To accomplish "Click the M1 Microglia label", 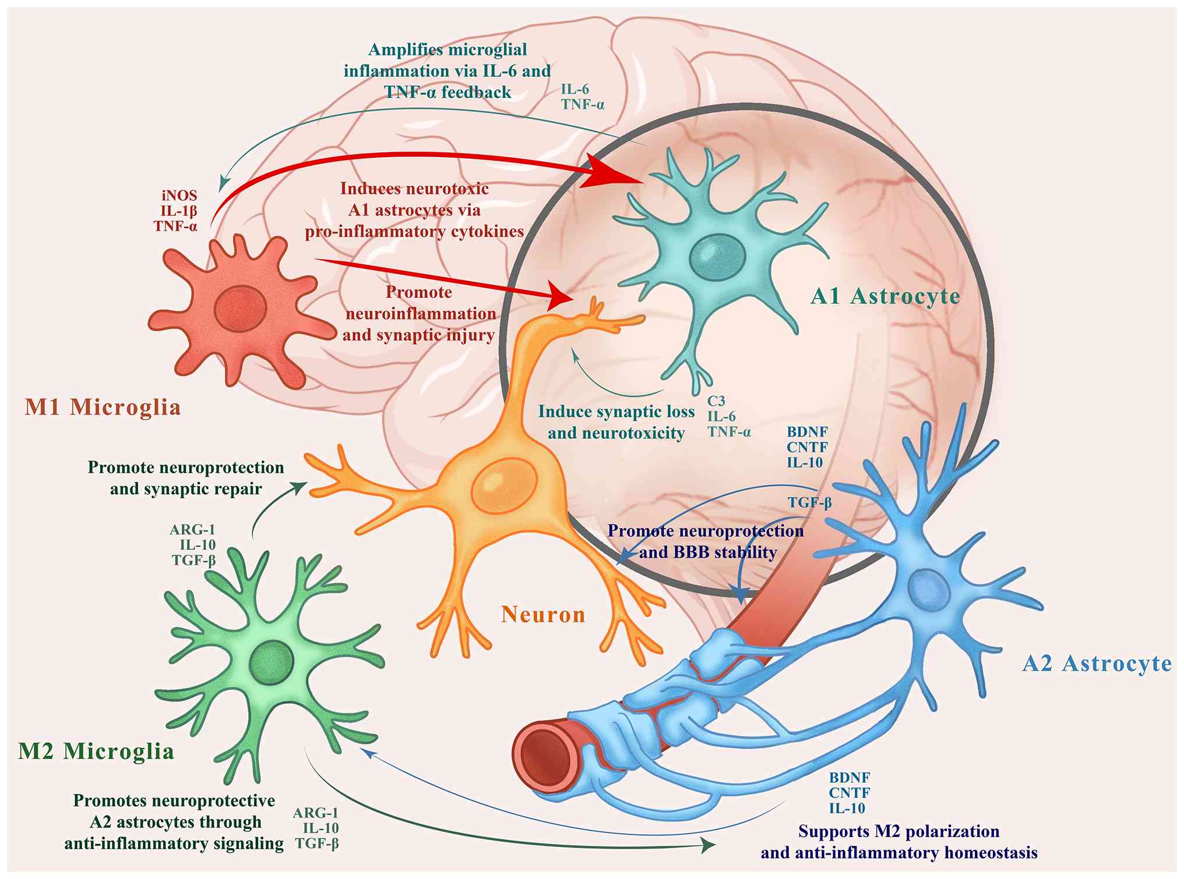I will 103,407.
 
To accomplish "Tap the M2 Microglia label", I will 96,751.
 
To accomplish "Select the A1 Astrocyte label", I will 885,296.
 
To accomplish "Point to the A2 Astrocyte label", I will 1097,664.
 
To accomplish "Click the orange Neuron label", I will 543,614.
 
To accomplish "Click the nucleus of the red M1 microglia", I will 241,306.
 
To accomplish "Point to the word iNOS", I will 179,196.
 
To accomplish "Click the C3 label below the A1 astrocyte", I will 716,401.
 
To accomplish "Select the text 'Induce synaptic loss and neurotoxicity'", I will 616,422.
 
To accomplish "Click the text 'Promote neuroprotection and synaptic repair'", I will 186,478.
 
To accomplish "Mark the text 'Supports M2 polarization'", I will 898,831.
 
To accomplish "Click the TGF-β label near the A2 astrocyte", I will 809,502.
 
